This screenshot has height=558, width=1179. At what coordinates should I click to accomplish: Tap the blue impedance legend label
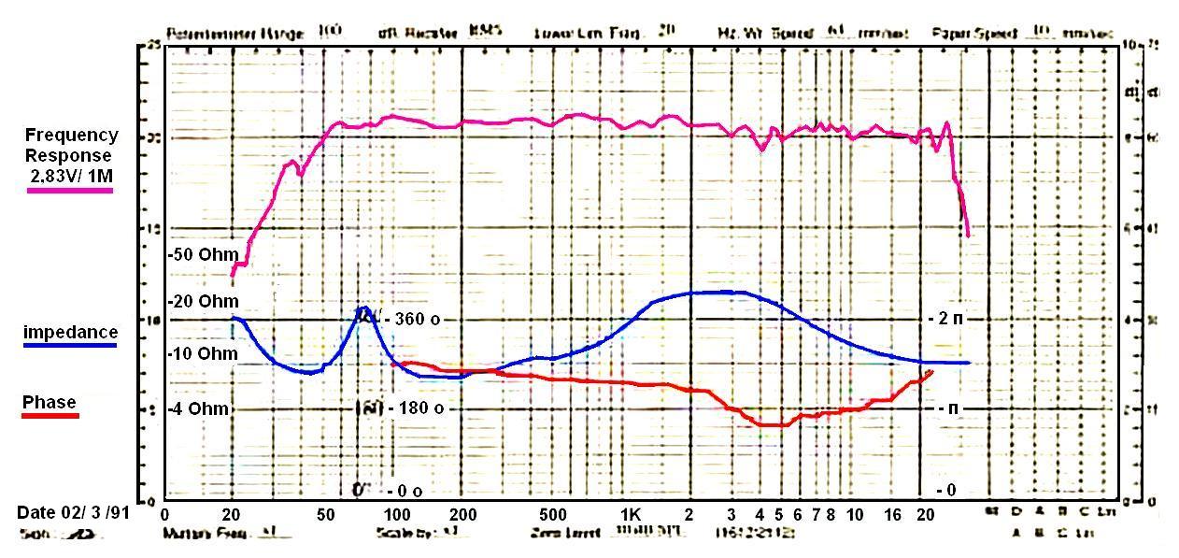[x=70, y=332]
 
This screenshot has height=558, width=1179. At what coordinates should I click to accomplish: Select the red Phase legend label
[x=50, y=402]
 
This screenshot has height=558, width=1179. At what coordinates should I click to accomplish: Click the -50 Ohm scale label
[x=204, y=254]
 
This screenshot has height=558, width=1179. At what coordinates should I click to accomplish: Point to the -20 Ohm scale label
[x=204, y=301]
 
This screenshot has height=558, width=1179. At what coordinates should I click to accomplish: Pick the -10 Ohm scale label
[x=204, y=353]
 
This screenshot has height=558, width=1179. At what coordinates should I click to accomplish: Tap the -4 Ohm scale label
[x=200, y=409]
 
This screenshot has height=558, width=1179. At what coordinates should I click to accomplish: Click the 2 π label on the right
[x=945, y=319]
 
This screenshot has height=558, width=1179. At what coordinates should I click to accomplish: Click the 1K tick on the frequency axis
[x=630, y=514]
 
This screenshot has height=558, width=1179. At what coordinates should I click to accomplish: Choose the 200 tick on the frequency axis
[x=463, y=514]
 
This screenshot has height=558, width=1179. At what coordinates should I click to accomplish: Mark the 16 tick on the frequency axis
[x=893, y=514]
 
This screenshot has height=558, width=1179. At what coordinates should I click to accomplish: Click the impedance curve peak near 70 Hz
[x=363, y=308]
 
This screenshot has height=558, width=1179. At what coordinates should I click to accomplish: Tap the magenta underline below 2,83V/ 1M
[x=70, y=190]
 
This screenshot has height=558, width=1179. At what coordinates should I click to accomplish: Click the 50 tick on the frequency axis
[x=326, y=514]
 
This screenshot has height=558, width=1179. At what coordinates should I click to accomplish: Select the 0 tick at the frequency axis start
[x=165, y=514]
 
